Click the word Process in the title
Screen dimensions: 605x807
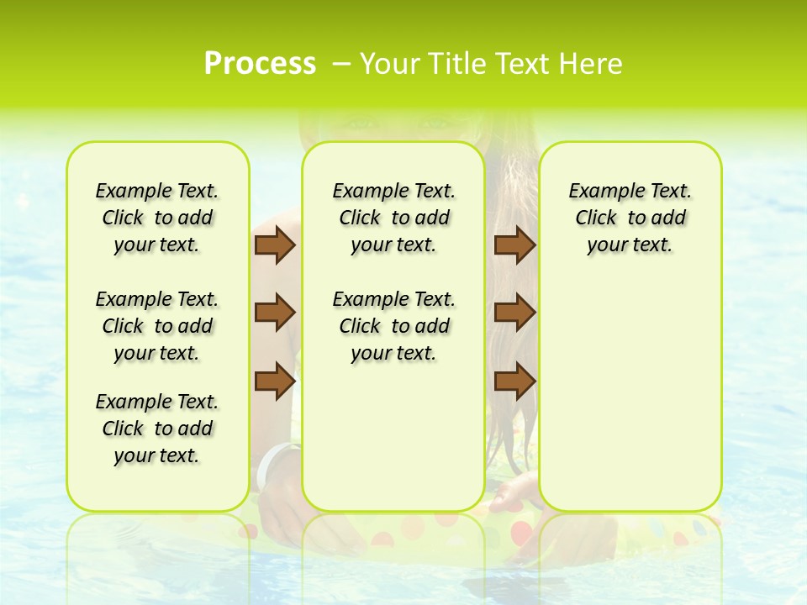pos(260,64)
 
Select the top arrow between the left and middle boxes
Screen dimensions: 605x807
pos(275,245)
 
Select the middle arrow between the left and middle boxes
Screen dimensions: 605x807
pos(275,313)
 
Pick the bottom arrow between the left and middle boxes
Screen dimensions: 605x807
pos(275,381)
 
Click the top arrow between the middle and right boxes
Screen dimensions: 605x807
pos(514,245)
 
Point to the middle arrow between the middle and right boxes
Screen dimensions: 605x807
pos(514,313)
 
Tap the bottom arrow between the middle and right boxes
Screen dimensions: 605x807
pos(514,381)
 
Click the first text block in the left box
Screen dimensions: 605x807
pos(157,218)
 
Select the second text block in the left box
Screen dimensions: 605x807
pos(157,326)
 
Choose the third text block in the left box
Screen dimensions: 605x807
pos(157,429)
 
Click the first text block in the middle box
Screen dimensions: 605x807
pos(393,218)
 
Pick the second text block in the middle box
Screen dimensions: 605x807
pos(393,326)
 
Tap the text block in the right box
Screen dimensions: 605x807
pos(630,218)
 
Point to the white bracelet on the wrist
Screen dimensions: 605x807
pos(273,462)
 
